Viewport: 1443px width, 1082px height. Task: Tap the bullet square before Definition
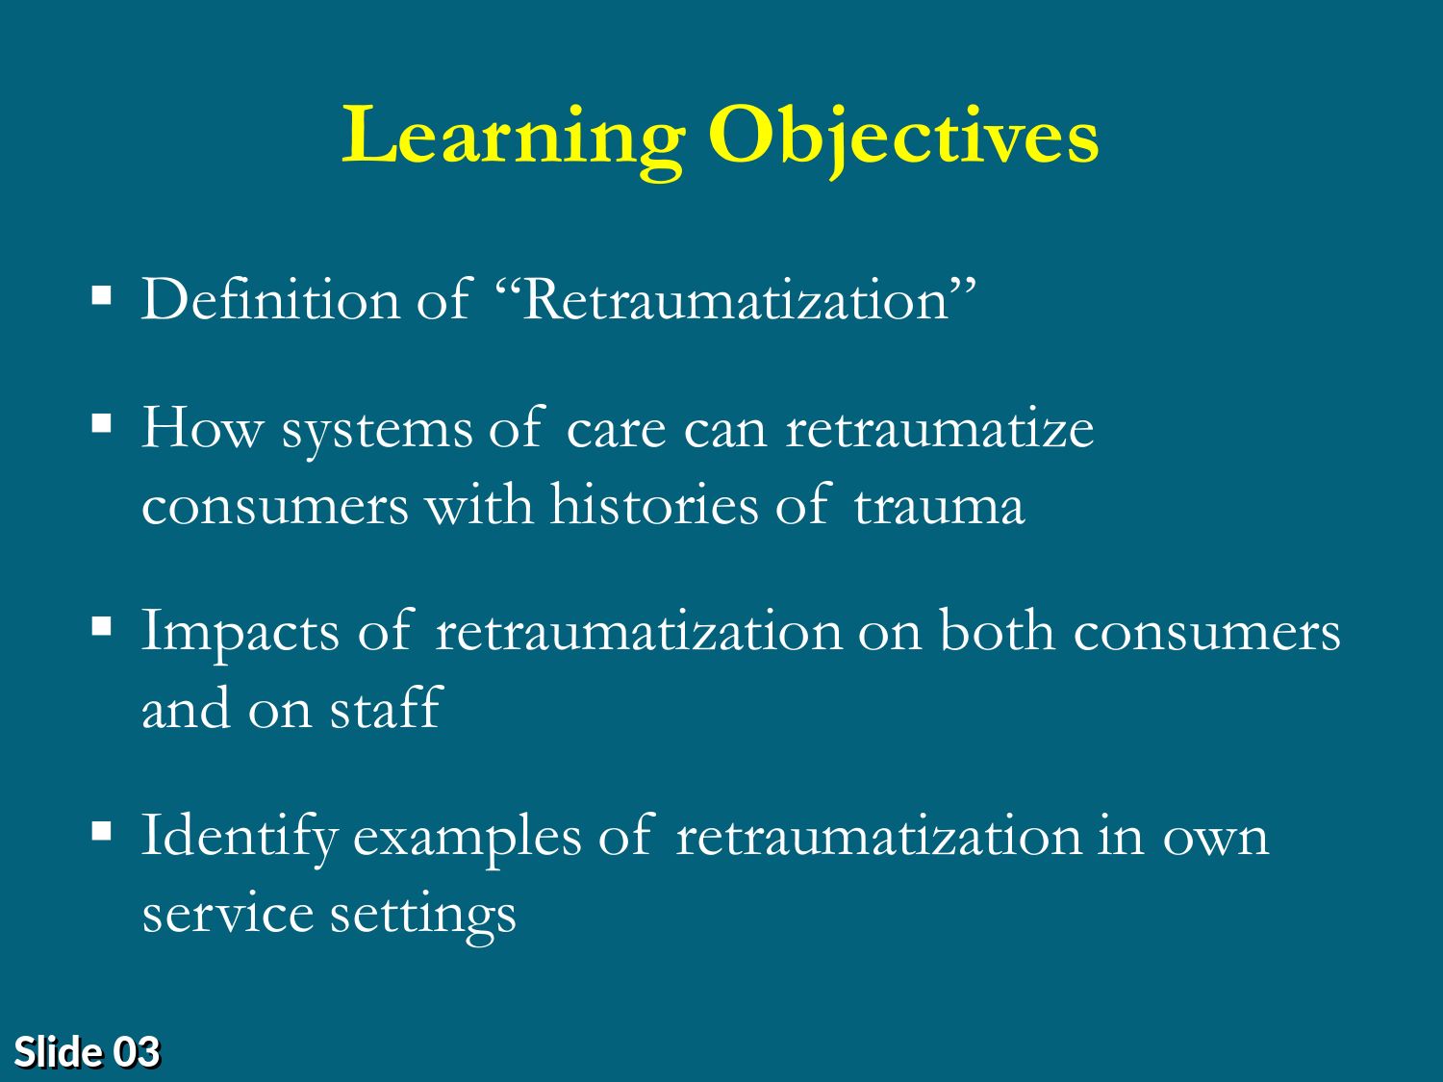tap(102, 295)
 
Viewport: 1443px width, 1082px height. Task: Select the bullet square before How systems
tap(102, 424)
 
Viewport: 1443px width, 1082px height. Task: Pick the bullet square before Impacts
tap(102, 627)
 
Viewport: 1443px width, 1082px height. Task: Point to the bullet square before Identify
tap(102, 831)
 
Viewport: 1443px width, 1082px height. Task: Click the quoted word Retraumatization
tap(736, 299)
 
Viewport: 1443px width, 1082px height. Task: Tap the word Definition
tap(271, 299)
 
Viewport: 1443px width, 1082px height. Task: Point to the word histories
tap(654, 505)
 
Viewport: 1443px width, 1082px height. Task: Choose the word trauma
tap(940, 507)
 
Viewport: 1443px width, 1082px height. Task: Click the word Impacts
tap(241, 633)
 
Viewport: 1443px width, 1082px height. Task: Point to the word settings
tap(422, 918)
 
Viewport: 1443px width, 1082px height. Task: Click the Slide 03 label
tap(88, 1052)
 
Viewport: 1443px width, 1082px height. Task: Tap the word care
tap(616, 432)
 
